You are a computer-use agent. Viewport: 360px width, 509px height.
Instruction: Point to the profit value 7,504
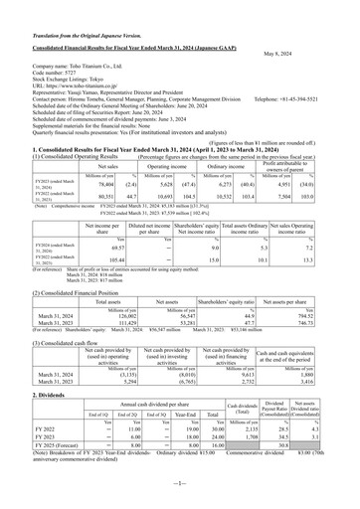point(306,198)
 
